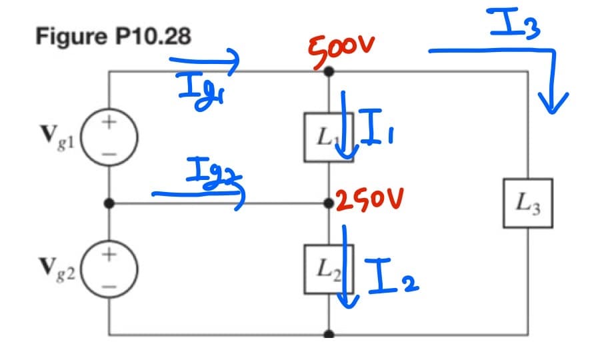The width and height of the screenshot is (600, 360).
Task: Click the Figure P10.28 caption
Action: [113, 36]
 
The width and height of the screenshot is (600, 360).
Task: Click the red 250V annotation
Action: [371, 201]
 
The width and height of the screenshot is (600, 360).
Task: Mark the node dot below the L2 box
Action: [328, 335]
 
